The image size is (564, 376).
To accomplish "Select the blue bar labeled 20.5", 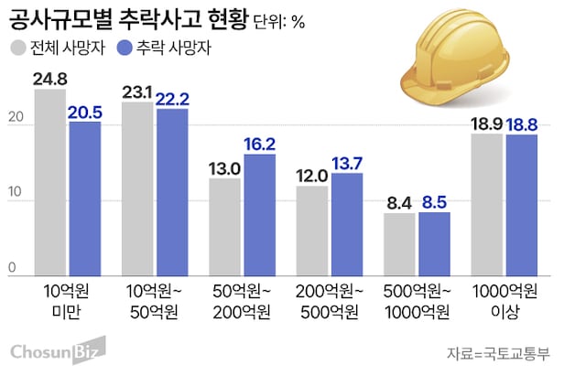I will point(85,197).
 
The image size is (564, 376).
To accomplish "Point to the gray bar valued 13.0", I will point(225,225).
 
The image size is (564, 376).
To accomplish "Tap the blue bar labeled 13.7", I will point(348,222).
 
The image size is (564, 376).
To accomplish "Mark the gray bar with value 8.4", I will point(399,242).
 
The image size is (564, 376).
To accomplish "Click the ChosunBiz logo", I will point(55,350).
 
